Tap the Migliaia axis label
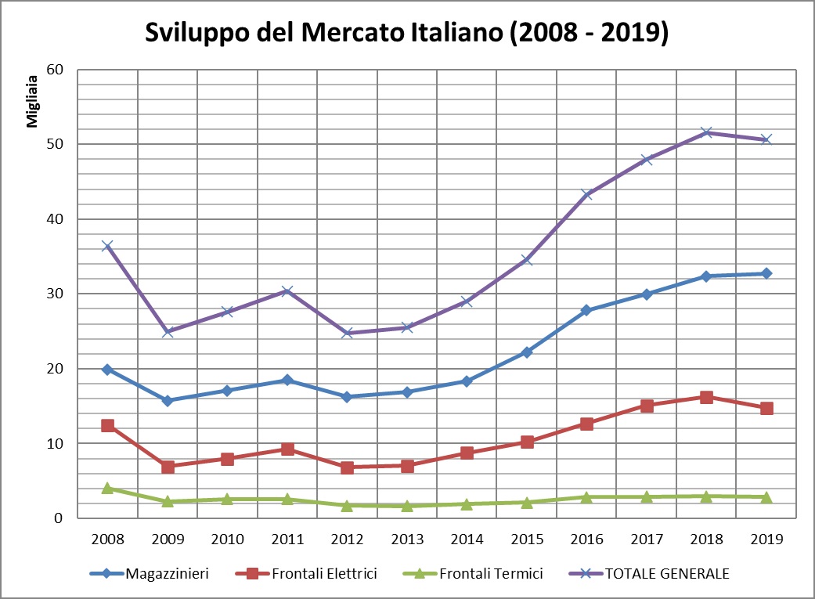pos(33,101)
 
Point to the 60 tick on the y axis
pos(55,70)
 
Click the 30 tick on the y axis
pos(55,294)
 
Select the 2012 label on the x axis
pos(347,539)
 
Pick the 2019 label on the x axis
pos(766,539)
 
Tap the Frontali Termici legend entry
pos(488,574)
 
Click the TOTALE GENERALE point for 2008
pos(107,247)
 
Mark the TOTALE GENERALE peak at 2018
pos(706,132)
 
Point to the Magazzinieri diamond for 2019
pos(766,273)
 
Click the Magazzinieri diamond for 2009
pos(167,400)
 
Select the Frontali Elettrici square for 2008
pos(107,425)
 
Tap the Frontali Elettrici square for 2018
pos(706,397)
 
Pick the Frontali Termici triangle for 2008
pos(107,488)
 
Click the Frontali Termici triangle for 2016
pos(586,497)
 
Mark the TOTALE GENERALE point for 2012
pos(347,333)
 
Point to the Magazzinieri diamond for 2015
pos(526,352)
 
